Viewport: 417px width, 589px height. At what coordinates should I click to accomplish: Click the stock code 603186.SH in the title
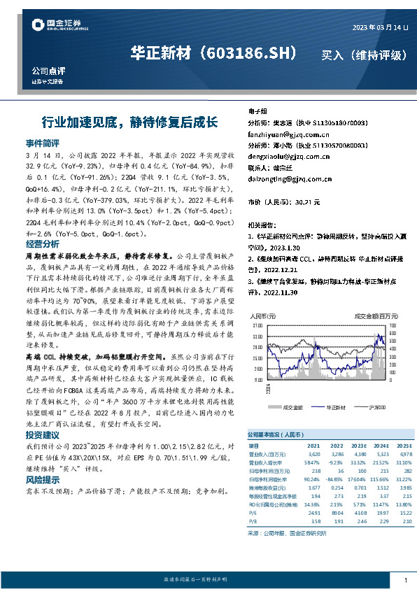(x=255, y=53)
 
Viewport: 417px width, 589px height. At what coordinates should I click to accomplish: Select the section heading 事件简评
(x=43, y=142)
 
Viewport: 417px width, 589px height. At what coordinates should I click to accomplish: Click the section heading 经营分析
(x=43, y=245)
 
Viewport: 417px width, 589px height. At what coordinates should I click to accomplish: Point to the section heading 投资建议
(x=43, y=435)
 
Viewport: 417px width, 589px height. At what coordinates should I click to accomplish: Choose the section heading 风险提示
(x=43, y=480)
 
